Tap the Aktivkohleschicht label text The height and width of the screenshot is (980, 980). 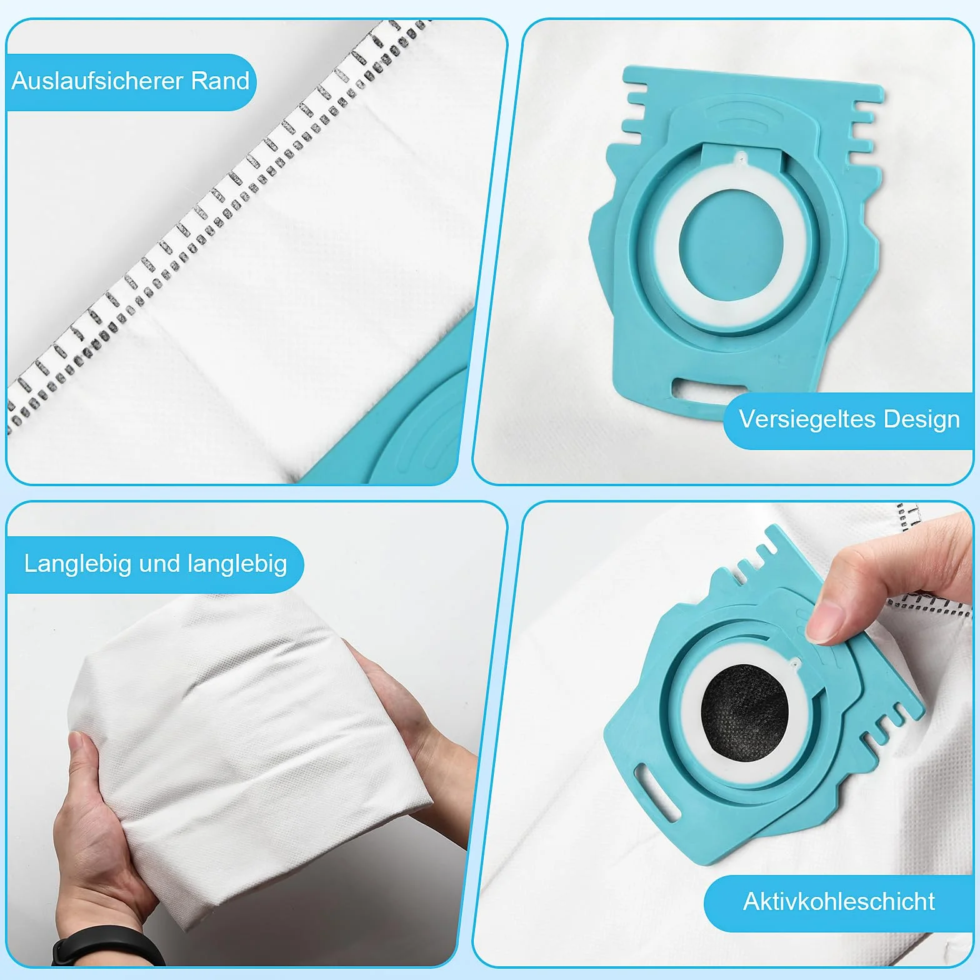839,901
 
